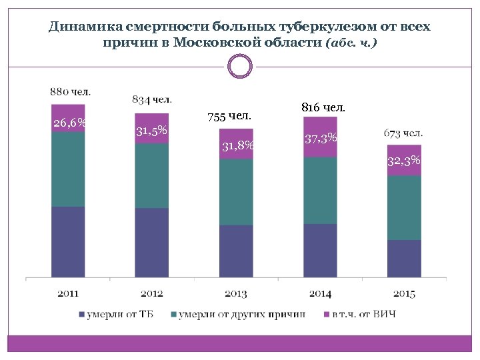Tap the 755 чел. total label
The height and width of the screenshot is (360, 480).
click(229, 116)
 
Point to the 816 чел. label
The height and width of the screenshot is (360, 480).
click(323, 107)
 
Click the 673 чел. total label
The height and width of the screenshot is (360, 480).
click(403, 133)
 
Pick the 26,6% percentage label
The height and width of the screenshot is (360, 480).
click(69, 123)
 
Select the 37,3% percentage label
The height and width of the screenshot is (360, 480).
click(321, 139)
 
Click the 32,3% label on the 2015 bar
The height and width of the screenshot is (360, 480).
click(404, 161)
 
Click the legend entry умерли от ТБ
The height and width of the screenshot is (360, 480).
click(120, 314)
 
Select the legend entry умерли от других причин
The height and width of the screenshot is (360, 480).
click(241, 314)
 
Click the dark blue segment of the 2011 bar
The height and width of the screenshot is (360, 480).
click(68, 241)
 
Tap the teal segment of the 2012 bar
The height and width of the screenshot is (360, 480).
click(152, 176)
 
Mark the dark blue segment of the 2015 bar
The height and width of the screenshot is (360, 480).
click(404, 258)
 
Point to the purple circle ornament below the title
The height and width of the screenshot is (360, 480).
click(240, 66)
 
